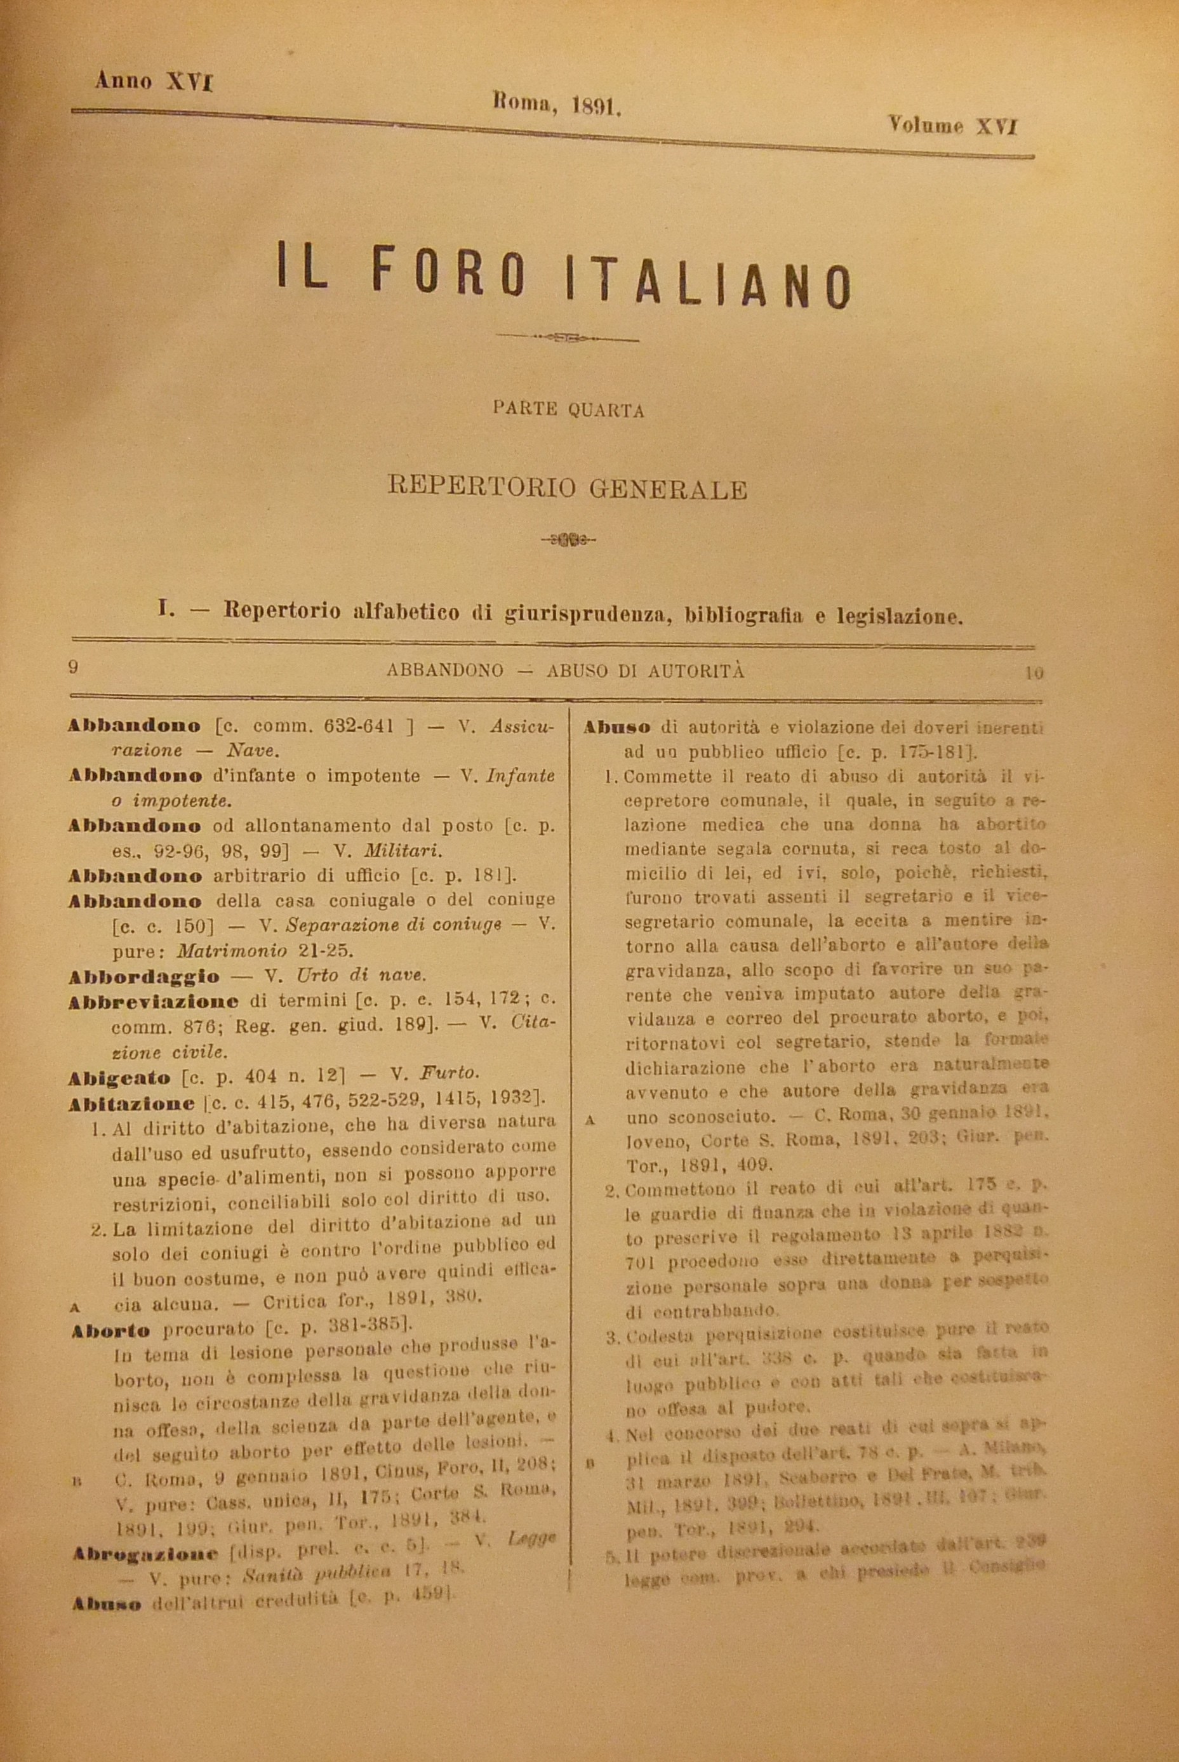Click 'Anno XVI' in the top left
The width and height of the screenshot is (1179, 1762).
[x=154, y=81]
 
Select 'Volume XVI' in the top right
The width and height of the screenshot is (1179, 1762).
[x=952, y=126]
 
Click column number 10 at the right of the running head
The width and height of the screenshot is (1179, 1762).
[x=1034, y=673]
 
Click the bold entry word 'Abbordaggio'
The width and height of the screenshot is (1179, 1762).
[x=143, y=977]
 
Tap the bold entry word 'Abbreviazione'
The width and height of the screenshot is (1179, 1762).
[x=154, y=1002]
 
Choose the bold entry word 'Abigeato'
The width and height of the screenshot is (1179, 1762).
[x=119, y=1077]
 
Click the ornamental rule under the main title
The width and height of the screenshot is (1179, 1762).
[x=568, y=339]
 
